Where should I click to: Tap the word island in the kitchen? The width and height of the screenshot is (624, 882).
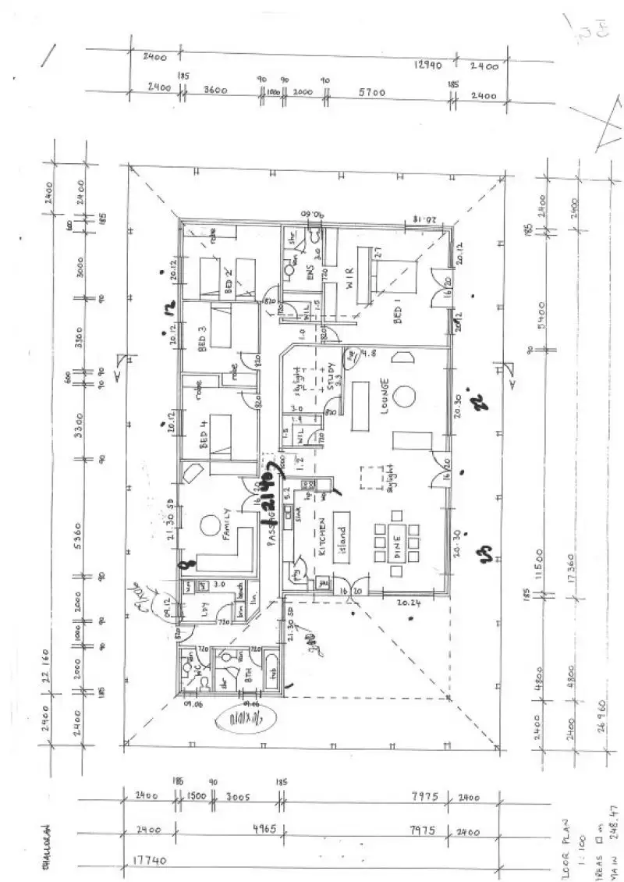340,535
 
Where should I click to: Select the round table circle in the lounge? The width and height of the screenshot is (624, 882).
405,396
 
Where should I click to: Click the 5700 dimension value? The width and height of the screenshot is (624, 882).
372,92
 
